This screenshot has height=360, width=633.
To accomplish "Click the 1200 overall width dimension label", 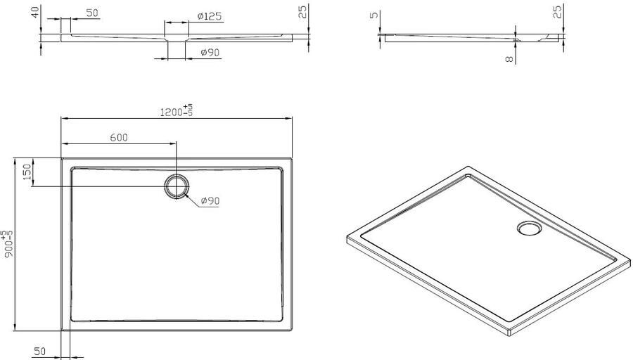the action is coord(176,110).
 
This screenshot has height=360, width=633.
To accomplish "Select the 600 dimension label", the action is coord(119,138).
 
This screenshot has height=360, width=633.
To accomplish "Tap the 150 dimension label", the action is coord(27,172).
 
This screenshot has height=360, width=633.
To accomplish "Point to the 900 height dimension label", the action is coord(8,244).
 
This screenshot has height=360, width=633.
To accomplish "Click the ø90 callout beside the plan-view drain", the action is coord(210,200).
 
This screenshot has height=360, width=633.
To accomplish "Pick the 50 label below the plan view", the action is coord(39,351).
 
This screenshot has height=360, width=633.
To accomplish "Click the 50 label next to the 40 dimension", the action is coord(92,13).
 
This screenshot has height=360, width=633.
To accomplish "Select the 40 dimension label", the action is coord(36,12).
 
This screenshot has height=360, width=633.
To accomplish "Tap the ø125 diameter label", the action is coord(210,16).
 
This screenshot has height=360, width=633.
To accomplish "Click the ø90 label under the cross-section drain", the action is coord(210,53).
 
